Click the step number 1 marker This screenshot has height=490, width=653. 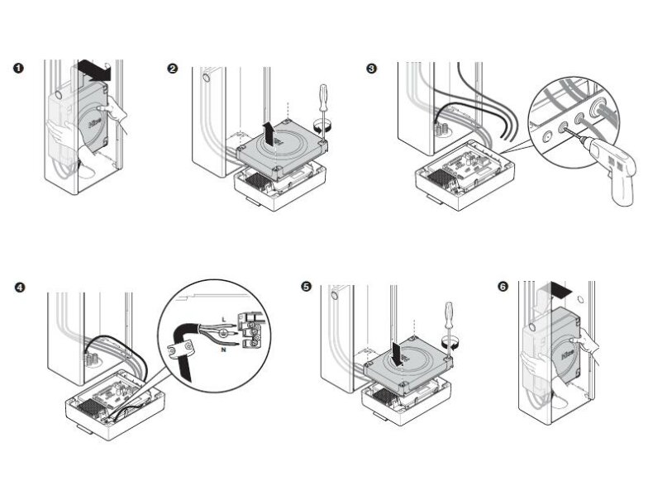(x=19, y=69)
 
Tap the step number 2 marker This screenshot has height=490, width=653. (x=172, y=69)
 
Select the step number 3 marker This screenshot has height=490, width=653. (x=371, y=69)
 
